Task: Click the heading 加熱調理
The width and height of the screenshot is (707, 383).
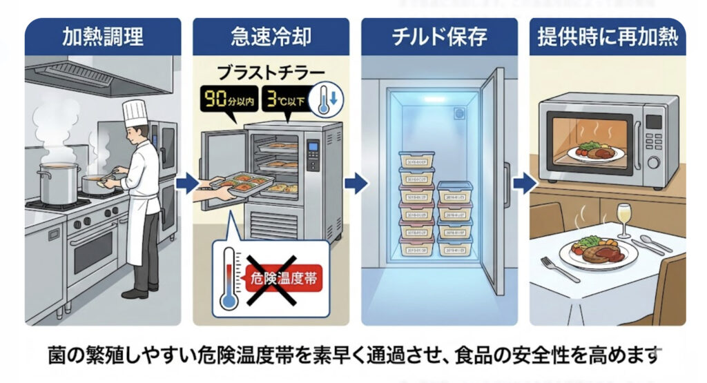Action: point(103,37)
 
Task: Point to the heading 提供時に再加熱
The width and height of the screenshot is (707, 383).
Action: point(608,37)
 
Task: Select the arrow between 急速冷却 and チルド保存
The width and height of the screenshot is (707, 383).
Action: point(355,184)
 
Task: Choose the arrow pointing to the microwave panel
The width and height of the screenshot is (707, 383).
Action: point(525,184)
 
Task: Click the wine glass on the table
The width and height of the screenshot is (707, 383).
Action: point(624,216)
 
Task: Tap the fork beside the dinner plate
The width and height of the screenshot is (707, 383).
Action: point(560,268)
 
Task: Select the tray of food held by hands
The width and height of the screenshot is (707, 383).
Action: point(241,186)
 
